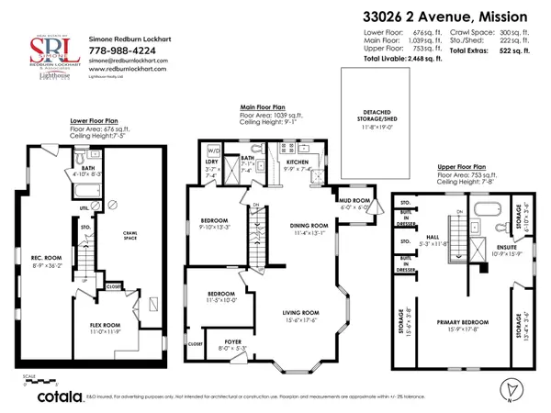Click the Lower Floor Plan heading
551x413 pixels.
click(94, 121)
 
